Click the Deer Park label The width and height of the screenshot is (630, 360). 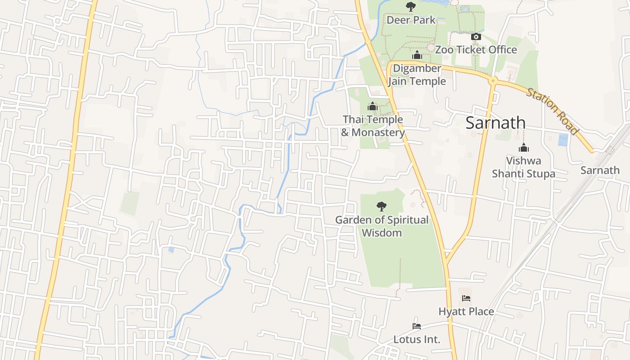point(411,20)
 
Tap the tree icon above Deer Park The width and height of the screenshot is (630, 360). point(410,6)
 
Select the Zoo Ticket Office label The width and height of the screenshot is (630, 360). point(476,49)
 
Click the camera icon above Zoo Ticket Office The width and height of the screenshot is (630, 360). point(476,37)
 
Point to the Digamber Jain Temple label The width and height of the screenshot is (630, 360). point(417,75)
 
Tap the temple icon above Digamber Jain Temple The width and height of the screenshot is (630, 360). point(417,55)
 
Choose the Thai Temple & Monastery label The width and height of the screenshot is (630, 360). point(373,126)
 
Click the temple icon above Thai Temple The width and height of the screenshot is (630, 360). point(372,107)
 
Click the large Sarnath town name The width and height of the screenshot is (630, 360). point(495,123)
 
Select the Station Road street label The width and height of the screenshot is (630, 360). point(552,111)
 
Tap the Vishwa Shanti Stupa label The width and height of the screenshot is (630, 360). point(523,167)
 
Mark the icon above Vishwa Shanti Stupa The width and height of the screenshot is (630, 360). point(523,148)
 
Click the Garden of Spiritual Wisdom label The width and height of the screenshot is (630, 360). point(382,226)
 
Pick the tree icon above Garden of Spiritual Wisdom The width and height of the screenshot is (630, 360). point(381,207)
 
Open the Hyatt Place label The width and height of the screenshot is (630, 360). point(466,311)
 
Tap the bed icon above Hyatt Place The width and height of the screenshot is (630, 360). point(466,298)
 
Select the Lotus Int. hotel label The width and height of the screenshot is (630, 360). point(417,339)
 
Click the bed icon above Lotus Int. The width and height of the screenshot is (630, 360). point(417,326)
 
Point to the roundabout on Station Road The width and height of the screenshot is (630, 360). point(493,81)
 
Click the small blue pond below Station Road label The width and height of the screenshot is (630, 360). point(563,140)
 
